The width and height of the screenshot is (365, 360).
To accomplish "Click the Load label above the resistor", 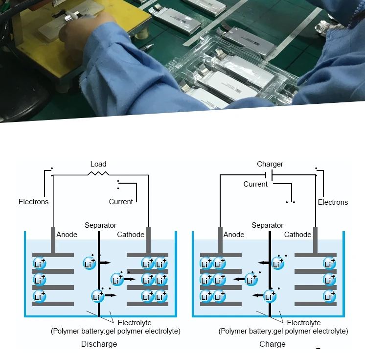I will coord(98,164).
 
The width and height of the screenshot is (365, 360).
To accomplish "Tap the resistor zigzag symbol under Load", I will coord(98,173).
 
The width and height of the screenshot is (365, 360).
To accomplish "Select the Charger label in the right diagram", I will coord(270,164).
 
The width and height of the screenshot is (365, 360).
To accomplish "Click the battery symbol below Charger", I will coord(270,175).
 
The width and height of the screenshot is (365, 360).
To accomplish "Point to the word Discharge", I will coord(99,344).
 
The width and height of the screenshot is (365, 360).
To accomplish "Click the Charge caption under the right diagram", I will coord(273,344).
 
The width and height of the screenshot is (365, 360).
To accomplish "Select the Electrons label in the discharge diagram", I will coord(34,202).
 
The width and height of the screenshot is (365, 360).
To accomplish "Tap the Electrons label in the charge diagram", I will coord(333,202).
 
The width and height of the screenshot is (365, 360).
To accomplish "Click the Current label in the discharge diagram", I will coord(121,202).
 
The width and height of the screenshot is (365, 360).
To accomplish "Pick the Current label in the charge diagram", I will coord(255,184).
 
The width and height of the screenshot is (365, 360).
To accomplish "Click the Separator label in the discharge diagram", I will coord(100,225).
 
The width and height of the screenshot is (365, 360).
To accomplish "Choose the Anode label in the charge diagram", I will coord(234,235).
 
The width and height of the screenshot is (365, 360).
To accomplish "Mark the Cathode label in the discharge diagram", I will coord(131,235).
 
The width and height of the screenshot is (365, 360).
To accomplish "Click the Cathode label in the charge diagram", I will coord(298,235).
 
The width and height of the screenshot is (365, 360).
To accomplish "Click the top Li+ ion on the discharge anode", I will coord(39,264).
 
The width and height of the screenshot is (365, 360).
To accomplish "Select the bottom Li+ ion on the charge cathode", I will coord(330,296).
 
